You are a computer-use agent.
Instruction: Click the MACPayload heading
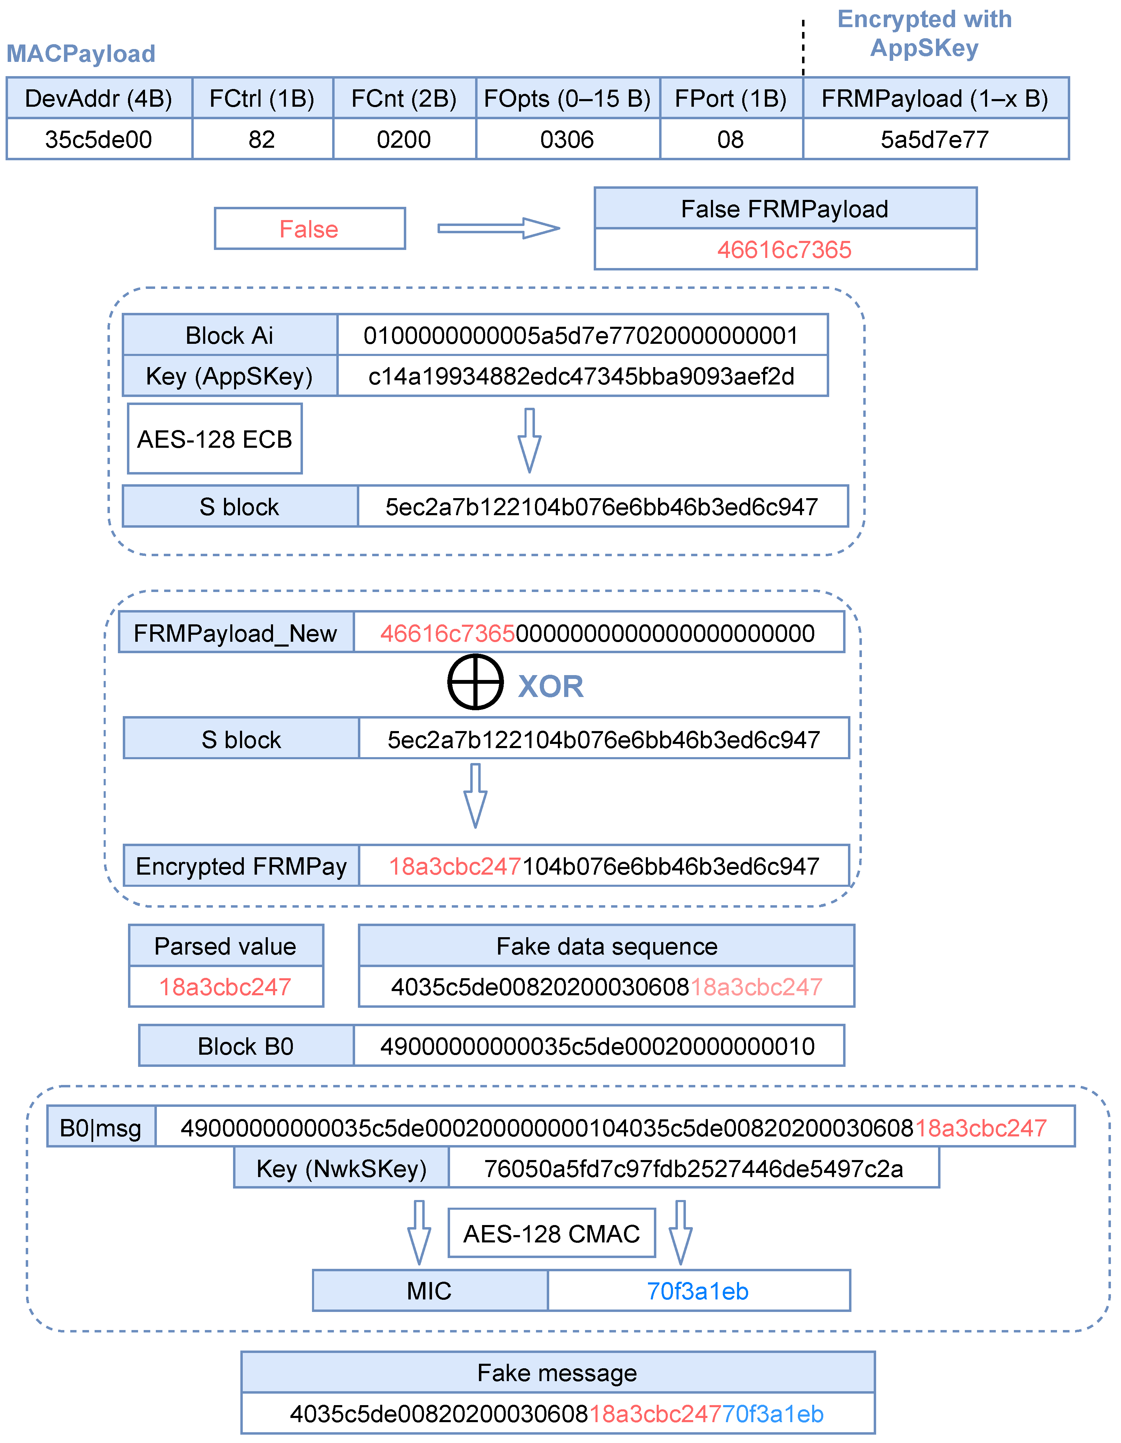coord(81,54)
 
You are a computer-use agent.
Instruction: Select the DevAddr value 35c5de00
coord(98,139)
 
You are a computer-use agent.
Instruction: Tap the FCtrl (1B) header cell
coord(262,98)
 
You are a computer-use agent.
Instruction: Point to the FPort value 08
coord(730,139)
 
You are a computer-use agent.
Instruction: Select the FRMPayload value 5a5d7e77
coord(935,139)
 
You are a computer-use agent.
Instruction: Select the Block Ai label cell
coord(229,335)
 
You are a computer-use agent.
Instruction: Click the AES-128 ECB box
coord(215,439)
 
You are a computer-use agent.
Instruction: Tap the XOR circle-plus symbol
coord(475,682)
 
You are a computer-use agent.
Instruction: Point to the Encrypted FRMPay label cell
coord(241,866)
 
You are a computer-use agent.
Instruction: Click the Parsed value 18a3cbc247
coord(225,987)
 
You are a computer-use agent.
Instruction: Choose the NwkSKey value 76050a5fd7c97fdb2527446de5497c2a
coord(693,1168)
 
